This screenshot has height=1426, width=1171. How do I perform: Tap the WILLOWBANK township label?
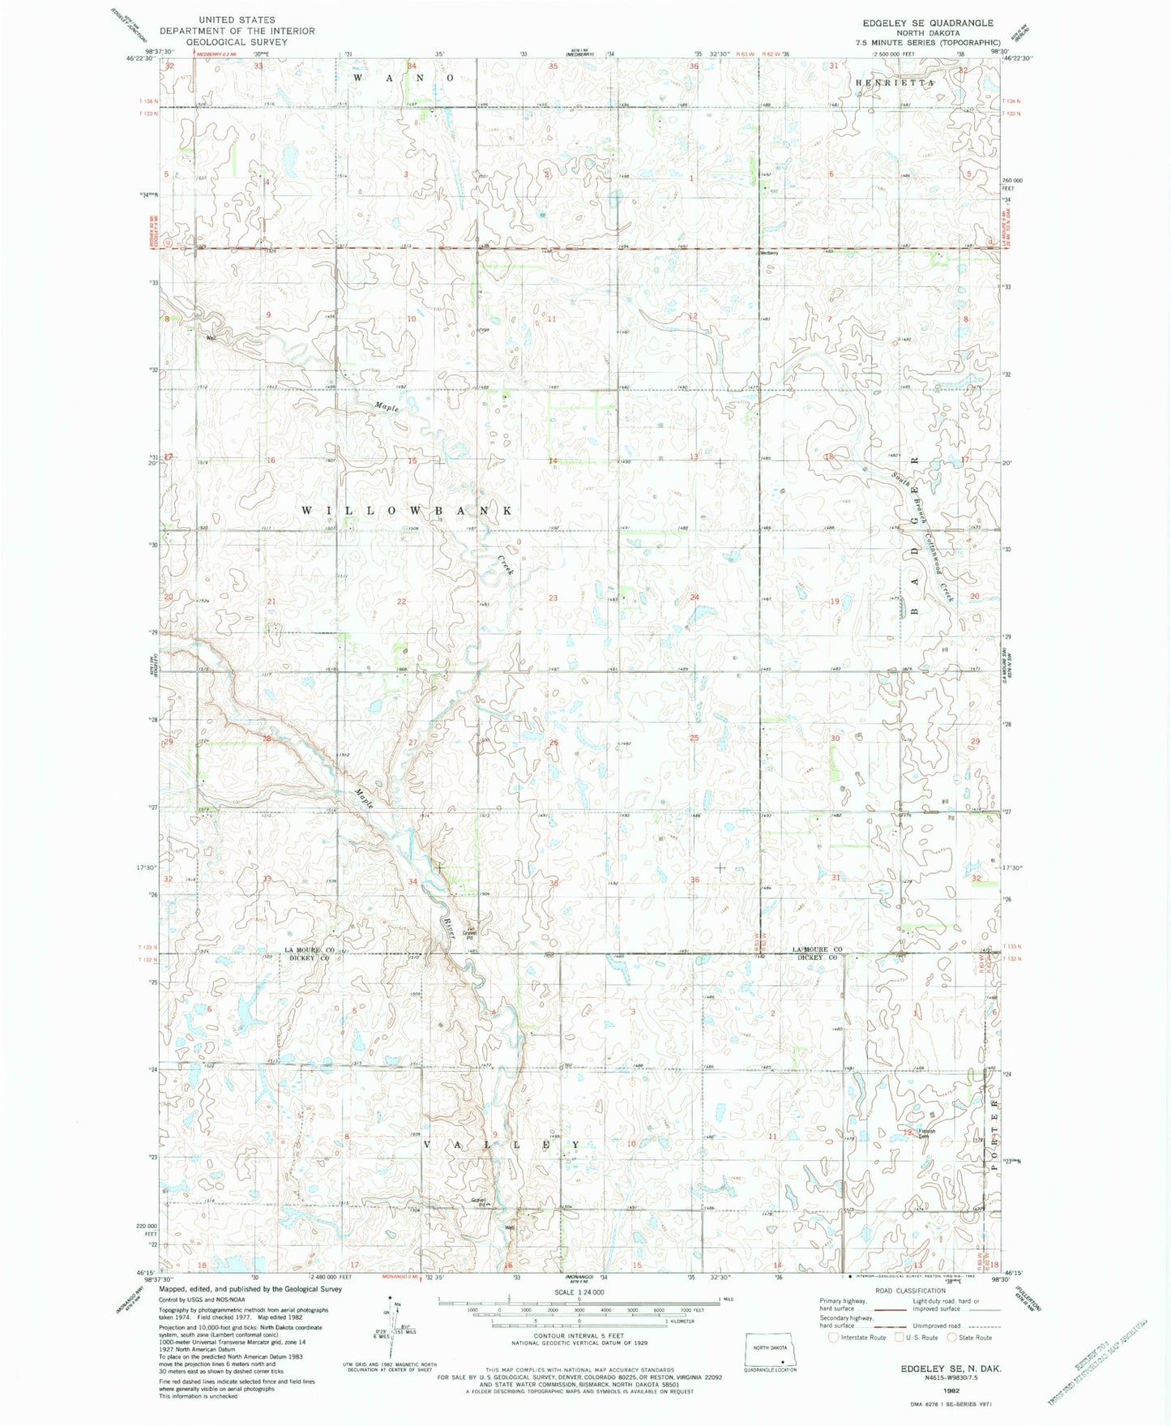[407, 511]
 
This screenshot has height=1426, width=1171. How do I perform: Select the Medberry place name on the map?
[767, 253]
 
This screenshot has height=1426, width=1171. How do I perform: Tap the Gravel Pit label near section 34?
[470, 933]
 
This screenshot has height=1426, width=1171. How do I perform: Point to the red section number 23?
[553, 598]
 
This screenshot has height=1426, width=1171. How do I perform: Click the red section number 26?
[554, 743]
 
